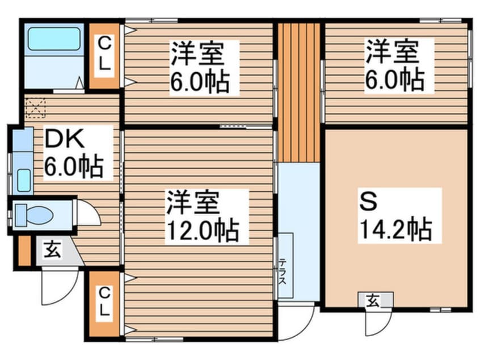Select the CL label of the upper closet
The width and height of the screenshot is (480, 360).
click(104, 53)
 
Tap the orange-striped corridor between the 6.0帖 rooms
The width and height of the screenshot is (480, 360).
click(298, 91)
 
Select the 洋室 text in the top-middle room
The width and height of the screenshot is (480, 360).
click(197, 54)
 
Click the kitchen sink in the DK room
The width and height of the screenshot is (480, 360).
click(24, 179)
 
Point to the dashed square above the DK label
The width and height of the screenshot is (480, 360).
click(35, 107)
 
